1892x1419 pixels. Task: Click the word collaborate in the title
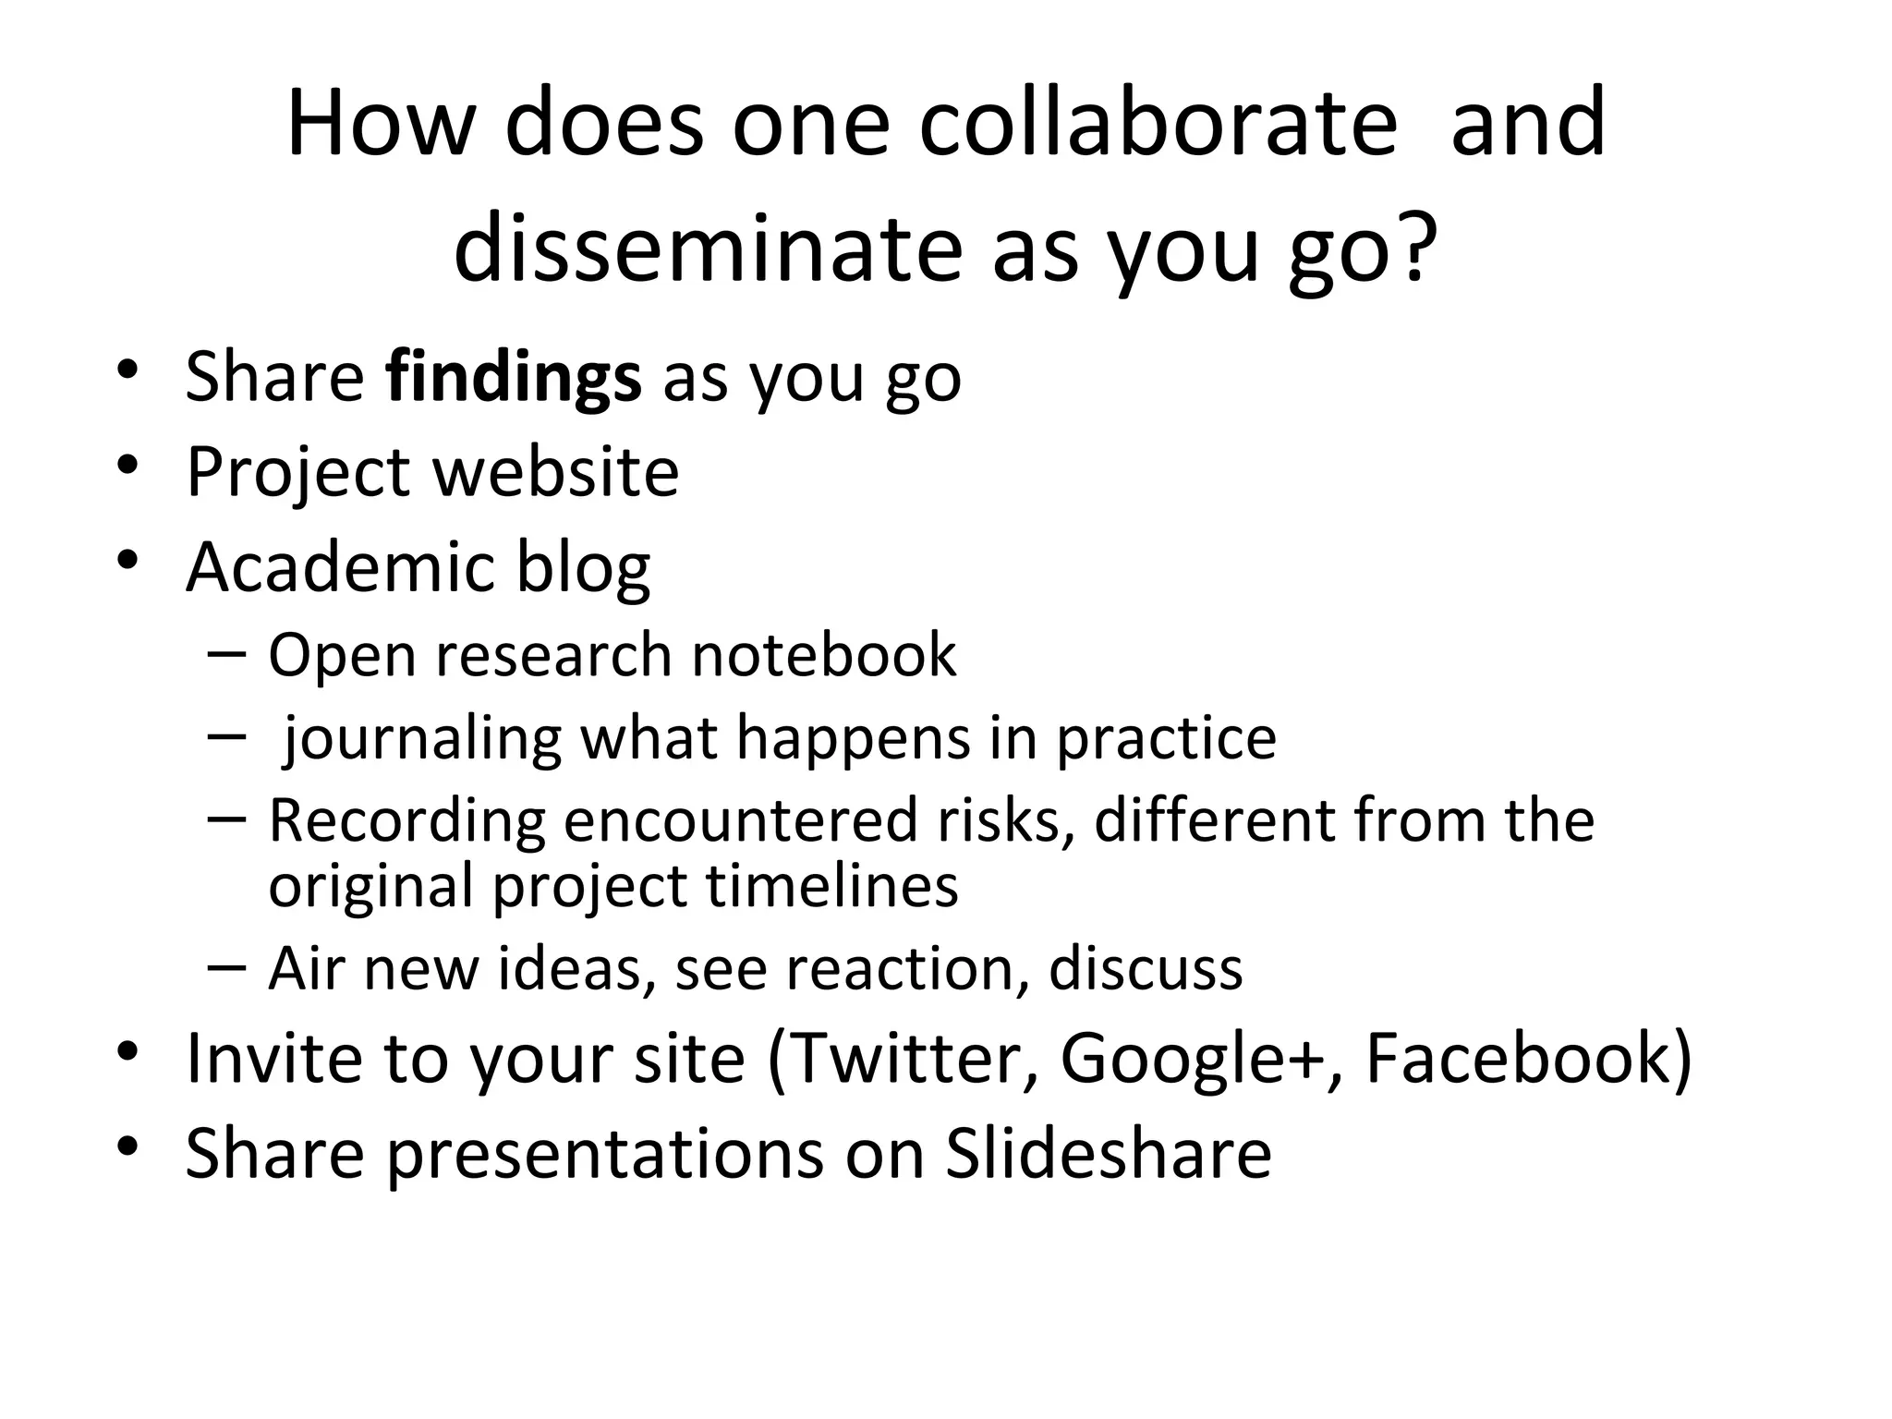[x=1158, y=123]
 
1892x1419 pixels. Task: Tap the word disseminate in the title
[x=708, y=249]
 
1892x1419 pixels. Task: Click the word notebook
[x=824, y=655]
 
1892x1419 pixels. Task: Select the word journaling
[x=421, y=739]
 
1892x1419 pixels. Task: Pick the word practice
[x=1166, y=739]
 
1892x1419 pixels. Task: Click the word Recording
[x=406, y=820]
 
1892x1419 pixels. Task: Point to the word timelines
[x=831, y=885]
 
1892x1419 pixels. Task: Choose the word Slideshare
[x=1108, y=1154]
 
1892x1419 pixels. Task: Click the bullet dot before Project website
[x=128, y=465]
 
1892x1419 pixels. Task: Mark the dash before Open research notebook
[x=227, y=652]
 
